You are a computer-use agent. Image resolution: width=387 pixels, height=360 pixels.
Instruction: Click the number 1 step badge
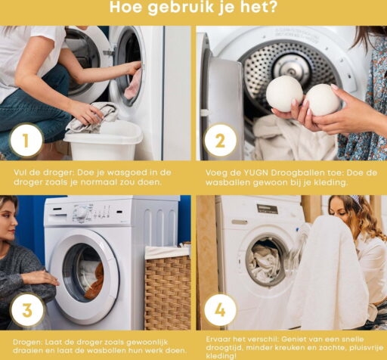click(26, 141)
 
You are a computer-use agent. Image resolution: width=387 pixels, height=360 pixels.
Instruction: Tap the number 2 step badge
click(220, 141)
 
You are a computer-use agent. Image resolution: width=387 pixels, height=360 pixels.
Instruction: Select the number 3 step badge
click(28, 310)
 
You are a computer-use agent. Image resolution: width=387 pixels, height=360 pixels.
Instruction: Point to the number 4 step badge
click(220, 310)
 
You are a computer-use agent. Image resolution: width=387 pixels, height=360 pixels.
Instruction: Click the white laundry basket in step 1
click(104, 141)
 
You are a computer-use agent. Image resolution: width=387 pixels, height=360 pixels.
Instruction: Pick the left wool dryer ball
click(284, 94)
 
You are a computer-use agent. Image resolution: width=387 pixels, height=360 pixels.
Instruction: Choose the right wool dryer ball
click(322, 100)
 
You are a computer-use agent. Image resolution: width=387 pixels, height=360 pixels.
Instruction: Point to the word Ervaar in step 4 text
click(218, 339)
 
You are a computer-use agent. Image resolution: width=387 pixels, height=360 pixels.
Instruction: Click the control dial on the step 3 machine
click(81, 213)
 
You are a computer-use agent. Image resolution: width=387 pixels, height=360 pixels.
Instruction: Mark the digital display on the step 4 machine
click(268, 209)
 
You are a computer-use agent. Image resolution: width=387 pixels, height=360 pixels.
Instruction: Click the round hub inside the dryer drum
click(292, 68)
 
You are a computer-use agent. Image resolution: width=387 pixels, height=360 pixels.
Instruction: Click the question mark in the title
click(271, 7)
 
